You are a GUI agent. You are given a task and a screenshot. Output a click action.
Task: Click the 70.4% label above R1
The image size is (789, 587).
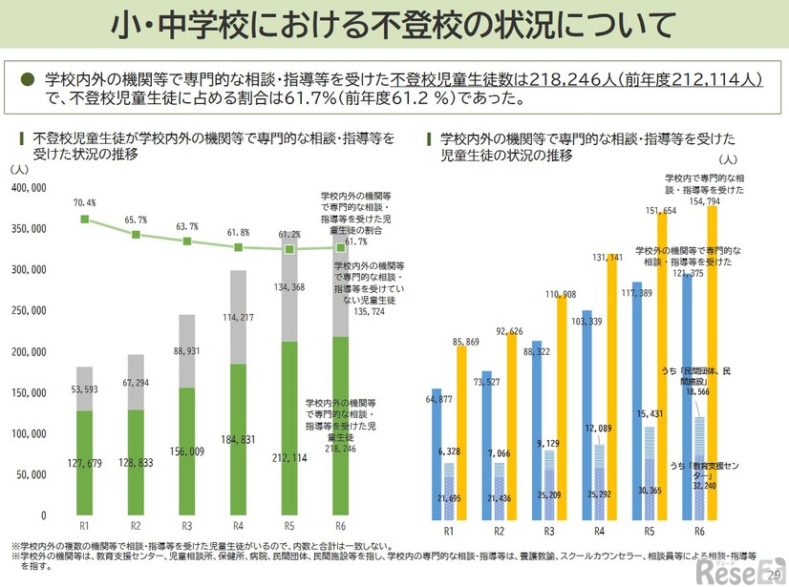pyautogui.click(x=84, y=203)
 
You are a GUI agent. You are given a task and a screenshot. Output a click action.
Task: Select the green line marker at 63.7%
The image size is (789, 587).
pyautogui.click(x=187, y=241)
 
